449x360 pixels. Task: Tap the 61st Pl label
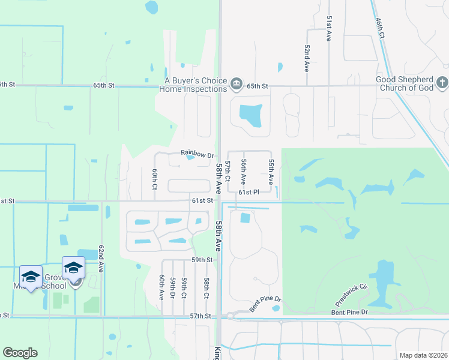(248, 193)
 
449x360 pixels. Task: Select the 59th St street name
(202, 260)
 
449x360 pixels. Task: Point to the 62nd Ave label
(101, 259)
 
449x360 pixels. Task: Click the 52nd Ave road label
(306, 58)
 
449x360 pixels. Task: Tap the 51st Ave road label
(329, 28)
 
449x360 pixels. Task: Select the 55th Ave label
(271, 172)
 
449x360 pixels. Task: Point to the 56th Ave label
(244, 172)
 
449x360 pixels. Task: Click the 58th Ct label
(206, 288)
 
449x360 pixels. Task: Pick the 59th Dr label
(172, 288)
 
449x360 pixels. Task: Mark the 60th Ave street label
(161, 288)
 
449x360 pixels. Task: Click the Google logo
(20, 353)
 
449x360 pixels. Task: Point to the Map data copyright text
(423, 355)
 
